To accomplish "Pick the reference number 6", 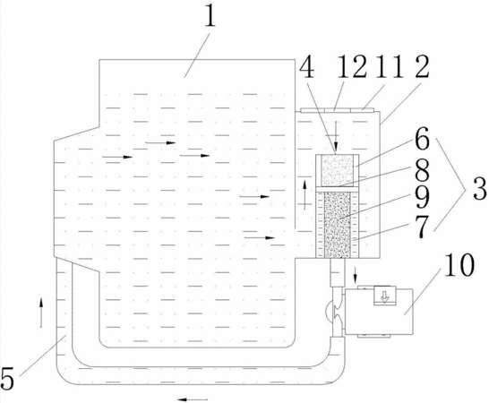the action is pos(422,139).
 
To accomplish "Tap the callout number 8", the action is pos(422,168).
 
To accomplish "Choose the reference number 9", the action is pos(422,197).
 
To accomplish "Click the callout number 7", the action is pos(422,227).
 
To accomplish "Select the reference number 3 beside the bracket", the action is pos(480,188).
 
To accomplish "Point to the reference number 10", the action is pos(459,265).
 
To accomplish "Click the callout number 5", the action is pos(7,378).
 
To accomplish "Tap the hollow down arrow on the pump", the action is pos(385,296).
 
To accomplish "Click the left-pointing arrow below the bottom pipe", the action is pos(193,399).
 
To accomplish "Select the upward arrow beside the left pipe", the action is pos(40,313).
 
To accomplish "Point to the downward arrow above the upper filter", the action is pos(336,137).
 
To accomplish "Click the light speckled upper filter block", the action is pos(338,170).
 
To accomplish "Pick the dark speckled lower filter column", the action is pos(338,225).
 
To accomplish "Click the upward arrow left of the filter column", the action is pos(305,194).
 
